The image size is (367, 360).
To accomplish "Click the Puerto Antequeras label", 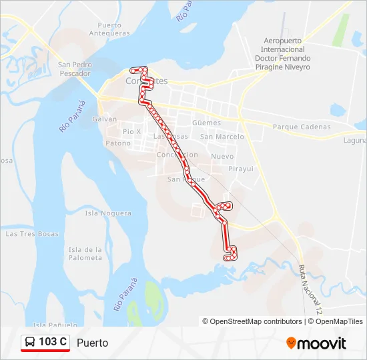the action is click(x=109, y=29).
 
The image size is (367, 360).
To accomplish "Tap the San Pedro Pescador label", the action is click(x=74, y=69).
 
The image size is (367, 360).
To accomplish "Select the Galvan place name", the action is click(x=105, y=119).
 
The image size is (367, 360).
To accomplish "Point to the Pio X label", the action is click(x=131, y=131).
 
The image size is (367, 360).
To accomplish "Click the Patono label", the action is click(x=118, y=143).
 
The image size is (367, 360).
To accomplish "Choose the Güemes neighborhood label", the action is click(x=206, y=123).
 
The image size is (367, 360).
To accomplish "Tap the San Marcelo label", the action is click(x=222, y=137).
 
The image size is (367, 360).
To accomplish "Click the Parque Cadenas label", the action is click(x=302, y=127).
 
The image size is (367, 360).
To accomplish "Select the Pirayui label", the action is click(x=241, y=169).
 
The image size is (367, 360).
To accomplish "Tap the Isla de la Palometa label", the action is click(x=85, y=254).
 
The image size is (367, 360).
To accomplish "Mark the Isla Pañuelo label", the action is click(x=51, y=325).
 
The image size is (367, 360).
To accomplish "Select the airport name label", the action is click(x=283, y=54).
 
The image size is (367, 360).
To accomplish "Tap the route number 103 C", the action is click(x=53, y=343).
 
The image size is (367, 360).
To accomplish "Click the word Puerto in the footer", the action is click(x=92, y=343).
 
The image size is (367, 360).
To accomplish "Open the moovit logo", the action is click(x=316, y=343).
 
